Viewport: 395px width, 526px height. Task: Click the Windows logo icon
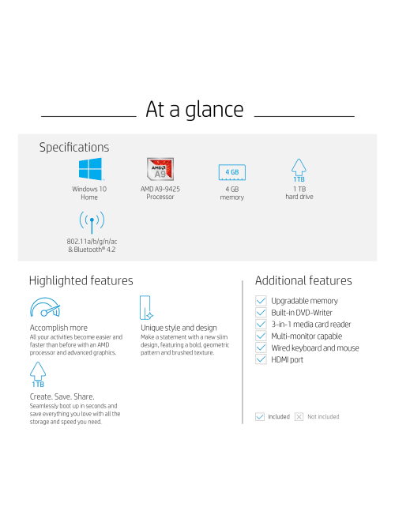pos(90,169)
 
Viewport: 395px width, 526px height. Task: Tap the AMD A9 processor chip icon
pos(160,169)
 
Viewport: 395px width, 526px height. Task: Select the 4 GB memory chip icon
pos(232,173)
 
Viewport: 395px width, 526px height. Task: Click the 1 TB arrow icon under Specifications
pos(299,171)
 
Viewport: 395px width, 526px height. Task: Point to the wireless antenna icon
pos(92,222)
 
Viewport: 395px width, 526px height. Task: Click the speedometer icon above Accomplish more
pos(44,307)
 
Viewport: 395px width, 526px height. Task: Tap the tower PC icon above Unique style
pos(146,307)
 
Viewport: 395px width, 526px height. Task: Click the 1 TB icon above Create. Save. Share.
pos(38,374)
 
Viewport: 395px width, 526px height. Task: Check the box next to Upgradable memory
pos(261,301)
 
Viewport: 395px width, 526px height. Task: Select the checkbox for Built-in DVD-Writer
pos(261,312)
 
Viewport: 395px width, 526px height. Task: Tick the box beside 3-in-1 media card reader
pos(261,324)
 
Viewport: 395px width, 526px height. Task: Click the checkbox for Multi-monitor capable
pos(261,336)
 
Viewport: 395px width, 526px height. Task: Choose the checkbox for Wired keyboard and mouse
pos(261,348)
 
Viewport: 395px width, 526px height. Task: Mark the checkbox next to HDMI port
pos(261,359)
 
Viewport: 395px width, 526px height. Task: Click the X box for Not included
pos(299,417)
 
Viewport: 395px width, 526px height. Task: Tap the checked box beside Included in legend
pos(259,417)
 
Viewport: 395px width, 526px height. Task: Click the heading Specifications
pos(74,147)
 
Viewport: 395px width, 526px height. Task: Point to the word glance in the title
pos(214,110)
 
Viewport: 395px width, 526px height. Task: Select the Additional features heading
pos(303,280)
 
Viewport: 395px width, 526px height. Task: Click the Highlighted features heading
pos(81,281)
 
